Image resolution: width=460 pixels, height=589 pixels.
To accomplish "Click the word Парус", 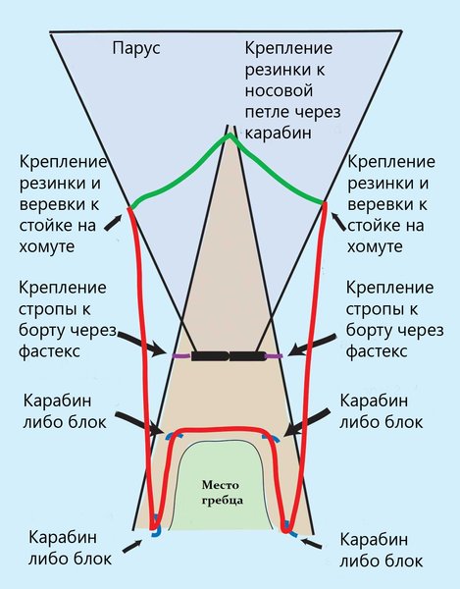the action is point(136,49).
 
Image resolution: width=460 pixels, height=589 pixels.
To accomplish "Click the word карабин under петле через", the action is point(278,134).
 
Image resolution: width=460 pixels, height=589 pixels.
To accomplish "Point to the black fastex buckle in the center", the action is point(229,356).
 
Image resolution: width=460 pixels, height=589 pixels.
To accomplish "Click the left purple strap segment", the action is point(181,355).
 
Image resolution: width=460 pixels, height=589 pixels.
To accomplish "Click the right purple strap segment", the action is point(274,355).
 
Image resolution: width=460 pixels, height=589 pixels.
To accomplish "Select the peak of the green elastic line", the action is point(230,135).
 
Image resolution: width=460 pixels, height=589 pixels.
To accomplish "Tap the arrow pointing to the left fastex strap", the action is point(143,344).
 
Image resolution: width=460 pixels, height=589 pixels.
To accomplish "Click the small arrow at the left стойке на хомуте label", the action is point(114,223).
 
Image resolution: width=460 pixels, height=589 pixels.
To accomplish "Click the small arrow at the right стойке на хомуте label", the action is point(338,222).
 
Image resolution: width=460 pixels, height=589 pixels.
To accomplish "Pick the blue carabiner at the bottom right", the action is point(289,529).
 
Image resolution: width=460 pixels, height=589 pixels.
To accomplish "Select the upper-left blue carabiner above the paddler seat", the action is point(175,436).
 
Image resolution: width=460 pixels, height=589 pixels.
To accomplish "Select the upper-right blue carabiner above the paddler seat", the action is point(271,437).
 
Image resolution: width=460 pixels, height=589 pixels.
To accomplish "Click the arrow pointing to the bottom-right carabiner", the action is point(312,544).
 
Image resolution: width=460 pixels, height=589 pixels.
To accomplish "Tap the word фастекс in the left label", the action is point(49,351).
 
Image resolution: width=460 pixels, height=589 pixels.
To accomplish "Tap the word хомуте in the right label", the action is point(375,246).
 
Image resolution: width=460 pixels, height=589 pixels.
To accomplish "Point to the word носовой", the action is point(279,91).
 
